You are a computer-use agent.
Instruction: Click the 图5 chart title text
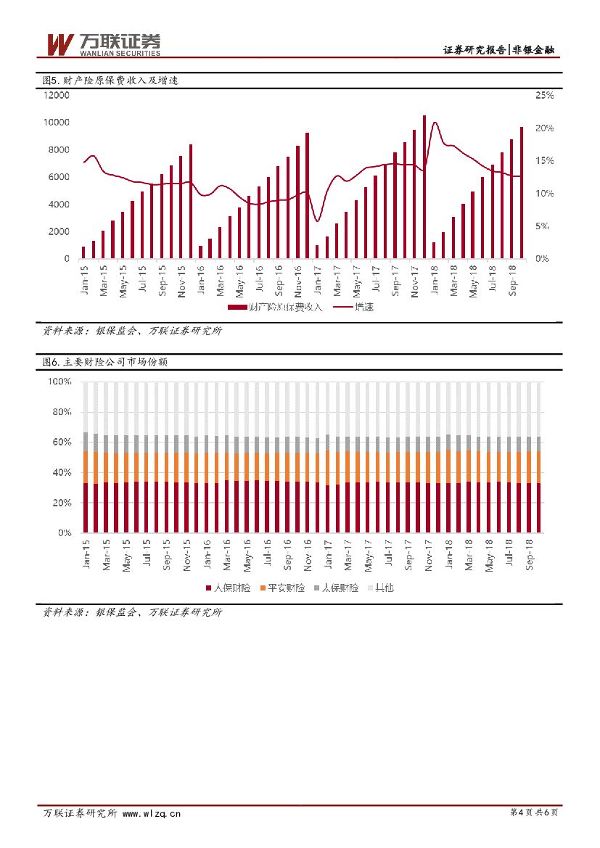(x=110, y=81)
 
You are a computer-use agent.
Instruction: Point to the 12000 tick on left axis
(x=56, y=95)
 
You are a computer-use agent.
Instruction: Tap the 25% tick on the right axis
(x=544, y=95)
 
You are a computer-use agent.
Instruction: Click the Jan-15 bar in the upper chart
(x=83, y=252)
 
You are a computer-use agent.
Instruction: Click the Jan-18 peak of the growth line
(x=435, y=123)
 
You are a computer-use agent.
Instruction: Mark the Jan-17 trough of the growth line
(x=317, y=221)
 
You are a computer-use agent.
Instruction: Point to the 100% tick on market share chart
(x=59, y=382)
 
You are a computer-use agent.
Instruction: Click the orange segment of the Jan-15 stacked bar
(x=86, y=466)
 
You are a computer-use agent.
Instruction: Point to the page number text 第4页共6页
(x=534, y=813)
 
